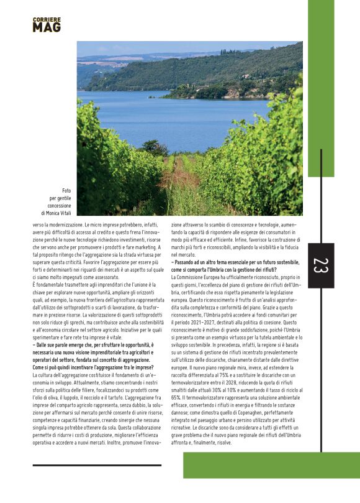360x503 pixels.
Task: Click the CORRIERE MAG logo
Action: click(47, 25)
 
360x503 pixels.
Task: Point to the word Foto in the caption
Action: click(66, 190)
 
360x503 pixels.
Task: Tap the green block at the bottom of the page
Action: click(271, 464)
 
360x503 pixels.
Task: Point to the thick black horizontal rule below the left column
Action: click(97, 464)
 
